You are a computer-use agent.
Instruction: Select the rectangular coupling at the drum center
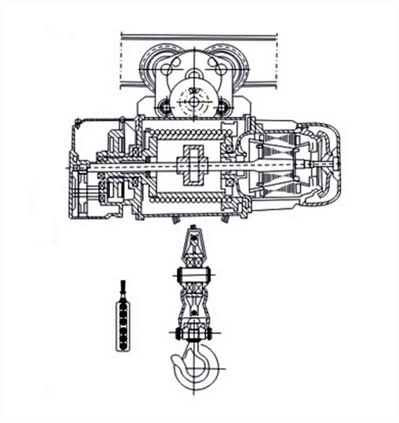tap(192, 165)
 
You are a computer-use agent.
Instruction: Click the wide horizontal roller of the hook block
tap(194, 274)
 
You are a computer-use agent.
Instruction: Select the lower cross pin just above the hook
tap(194, 333)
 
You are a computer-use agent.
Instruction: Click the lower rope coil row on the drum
tap(192, 199)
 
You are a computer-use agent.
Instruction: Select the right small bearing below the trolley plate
tap(222, 106)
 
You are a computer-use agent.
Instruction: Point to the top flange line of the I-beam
tap(199, 36)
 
